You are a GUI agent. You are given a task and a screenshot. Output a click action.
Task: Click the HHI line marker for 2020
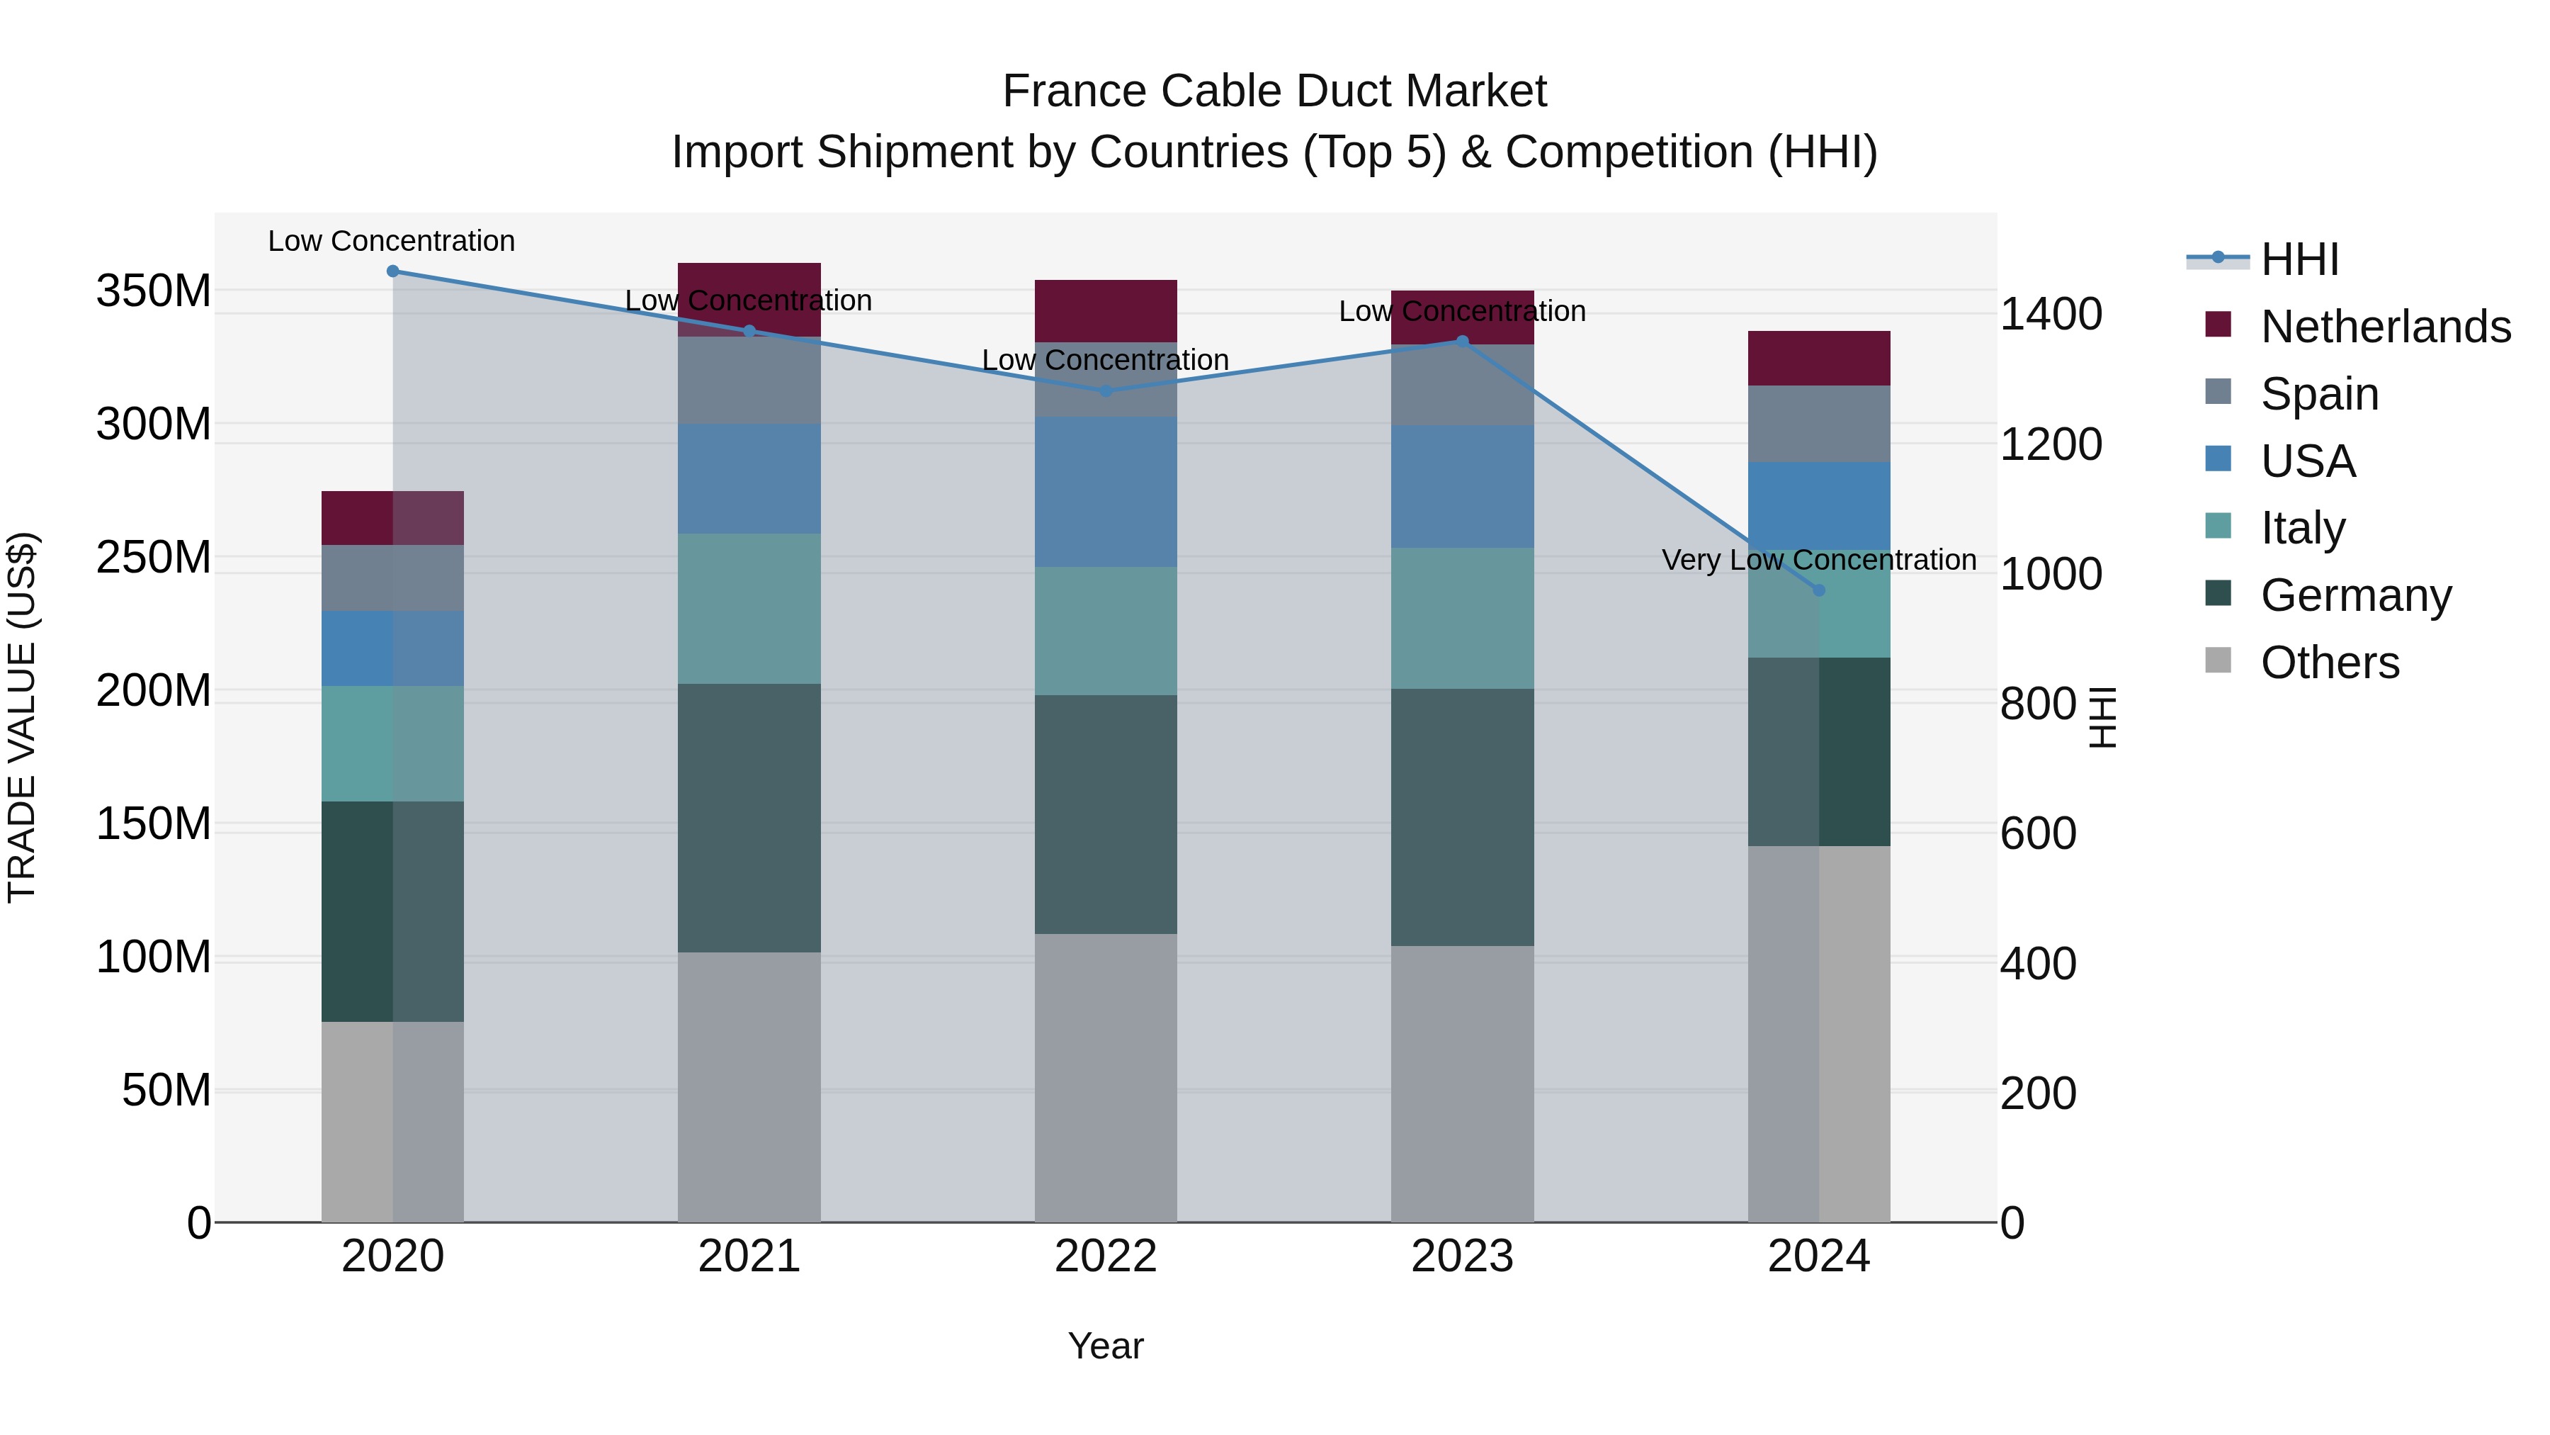pos(393,271)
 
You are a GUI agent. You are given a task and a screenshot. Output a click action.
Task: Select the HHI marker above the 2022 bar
pos(1106,391)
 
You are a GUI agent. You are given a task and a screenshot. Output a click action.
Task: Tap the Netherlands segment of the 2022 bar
pos(1106,311)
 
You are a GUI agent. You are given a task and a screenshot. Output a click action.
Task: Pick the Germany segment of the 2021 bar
pos(749,818)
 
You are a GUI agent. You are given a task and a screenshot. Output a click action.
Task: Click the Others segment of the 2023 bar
pos(1462,1084)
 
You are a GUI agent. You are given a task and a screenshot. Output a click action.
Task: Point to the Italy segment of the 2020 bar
pos(393,744)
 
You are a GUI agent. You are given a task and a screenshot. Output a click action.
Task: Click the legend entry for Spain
pos(2319,394)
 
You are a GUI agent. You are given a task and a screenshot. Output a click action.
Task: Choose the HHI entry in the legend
pos(2299,259)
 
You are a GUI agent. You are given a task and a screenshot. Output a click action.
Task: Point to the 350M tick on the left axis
pos(154,291)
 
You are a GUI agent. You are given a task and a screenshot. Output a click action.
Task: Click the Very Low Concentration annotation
pos(1818,561)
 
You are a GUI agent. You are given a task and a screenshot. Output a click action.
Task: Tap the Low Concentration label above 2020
pos(391,242)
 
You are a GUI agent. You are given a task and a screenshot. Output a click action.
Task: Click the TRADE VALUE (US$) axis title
pos(22,717)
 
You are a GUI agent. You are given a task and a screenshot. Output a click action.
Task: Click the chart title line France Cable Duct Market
pos(1274,91)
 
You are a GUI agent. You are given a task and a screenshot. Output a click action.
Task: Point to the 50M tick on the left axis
pos(166,1091)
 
